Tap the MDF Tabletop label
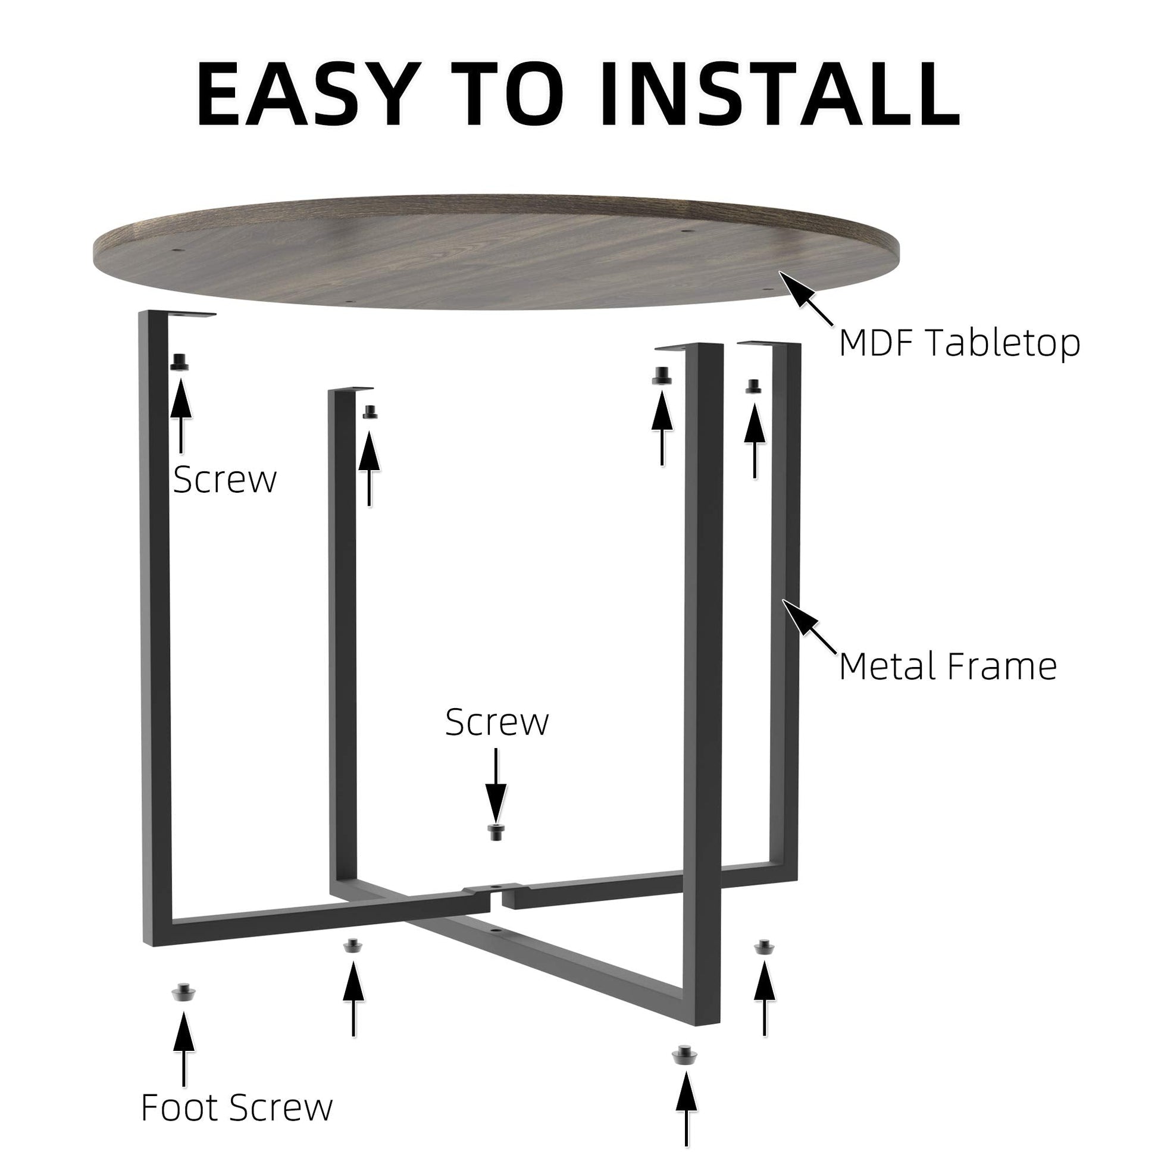(959, 343)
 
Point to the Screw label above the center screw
(497, 722)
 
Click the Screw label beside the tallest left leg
(225, 480)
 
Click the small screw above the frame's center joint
(495, 832)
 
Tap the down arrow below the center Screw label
(496, 785)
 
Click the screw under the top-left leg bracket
(179, 362)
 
